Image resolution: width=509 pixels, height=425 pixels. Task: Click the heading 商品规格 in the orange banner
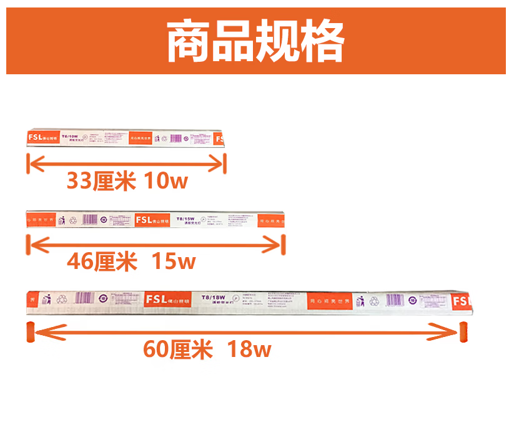[x=255, y=42]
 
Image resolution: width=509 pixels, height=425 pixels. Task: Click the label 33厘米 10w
[x=127, y=181]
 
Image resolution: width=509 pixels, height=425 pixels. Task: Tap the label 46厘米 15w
[x=131, y=261]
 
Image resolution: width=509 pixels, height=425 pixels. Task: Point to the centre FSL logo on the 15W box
[x=144, y=220]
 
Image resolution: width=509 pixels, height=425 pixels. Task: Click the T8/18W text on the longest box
[x=212, y=296]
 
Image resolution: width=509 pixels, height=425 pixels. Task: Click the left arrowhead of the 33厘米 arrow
[x=31, y=165]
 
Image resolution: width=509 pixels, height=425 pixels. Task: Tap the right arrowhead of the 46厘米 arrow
[x=278, y=245]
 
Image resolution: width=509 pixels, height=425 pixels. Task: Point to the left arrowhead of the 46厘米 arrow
[x=31, y=245]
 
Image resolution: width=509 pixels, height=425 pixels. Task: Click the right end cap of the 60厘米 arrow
[x=463, y=332]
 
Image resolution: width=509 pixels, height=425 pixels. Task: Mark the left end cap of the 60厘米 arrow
[x=29, y=332]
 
